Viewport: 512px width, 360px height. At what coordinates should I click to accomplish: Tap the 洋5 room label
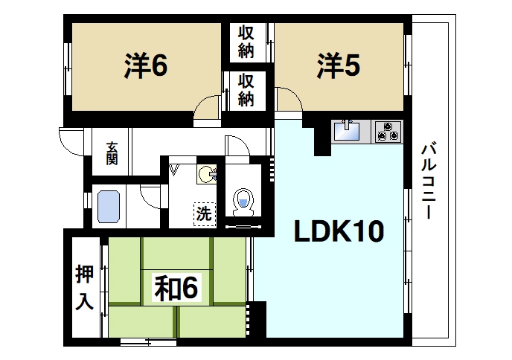tap(338, 66)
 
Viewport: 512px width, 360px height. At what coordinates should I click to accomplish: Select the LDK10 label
tap(338, 231)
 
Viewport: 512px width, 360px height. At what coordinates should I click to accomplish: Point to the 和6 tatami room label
tap(176, 288)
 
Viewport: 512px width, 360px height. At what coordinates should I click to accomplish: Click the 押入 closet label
tap(84, 288)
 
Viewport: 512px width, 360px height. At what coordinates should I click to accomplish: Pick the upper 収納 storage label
tap(246, 42)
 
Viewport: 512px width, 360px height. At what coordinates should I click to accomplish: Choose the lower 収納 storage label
tap(246, 89)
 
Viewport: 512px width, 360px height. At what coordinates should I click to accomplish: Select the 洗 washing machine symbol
tap(203, 213)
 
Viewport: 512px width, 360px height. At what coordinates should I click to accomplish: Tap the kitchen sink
tap(347, 132)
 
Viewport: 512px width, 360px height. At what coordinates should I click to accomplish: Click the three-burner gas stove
tap(387, 132)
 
